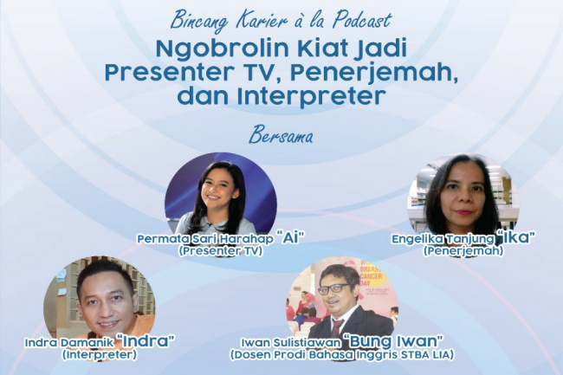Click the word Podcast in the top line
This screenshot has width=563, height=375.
(362, 20)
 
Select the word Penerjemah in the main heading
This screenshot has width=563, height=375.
(374, 73)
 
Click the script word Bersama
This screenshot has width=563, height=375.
(281, 136)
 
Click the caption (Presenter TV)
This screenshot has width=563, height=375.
(221, 251)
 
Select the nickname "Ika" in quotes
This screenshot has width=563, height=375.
(514, 237)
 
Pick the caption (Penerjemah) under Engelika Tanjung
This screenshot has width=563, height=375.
(463, 251)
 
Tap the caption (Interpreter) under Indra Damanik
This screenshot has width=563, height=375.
(100, 354)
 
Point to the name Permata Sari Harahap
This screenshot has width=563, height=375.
(204, 239)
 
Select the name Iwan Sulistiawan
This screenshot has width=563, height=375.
(290, 342)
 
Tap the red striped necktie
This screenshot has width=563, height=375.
(337, 326)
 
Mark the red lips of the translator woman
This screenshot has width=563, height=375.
(464, 212)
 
